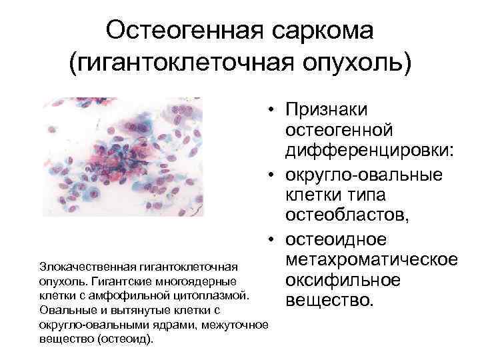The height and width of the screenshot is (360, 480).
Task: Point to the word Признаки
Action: point(330,109)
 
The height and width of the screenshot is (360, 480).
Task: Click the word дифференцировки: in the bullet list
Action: point(370,152)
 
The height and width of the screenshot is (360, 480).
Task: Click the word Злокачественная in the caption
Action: point(81,262)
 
